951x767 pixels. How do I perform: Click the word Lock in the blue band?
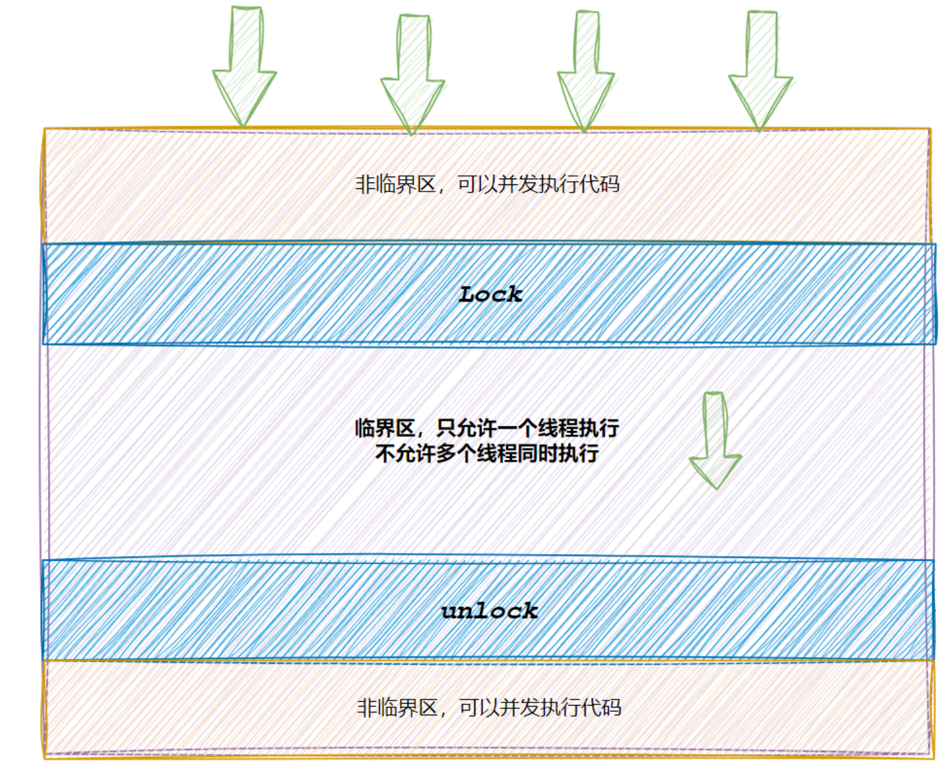click(490, 295)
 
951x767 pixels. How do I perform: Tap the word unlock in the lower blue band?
click(489, 610)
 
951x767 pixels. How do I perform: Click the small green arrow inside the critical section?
click(715, 439)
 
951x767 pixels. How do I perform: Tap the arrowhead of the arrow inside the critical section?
click(715, 470)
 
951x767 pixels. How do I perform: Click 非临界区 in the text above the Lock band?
click(395, 184)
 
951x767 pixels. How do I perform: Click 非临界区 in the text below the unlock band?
click(397, 707)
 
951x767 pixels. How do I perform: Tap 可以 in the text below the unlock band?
click(479, 707)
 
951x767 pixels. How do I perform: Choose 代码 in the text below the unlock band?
click(601, 707)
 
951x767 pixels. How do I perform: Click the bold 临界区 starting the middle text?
click(385, 428)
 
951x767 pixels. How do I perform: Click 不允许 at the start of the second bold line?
click(406, 453)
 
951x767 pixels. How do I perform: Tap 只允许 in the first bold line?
click(467, 428)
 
